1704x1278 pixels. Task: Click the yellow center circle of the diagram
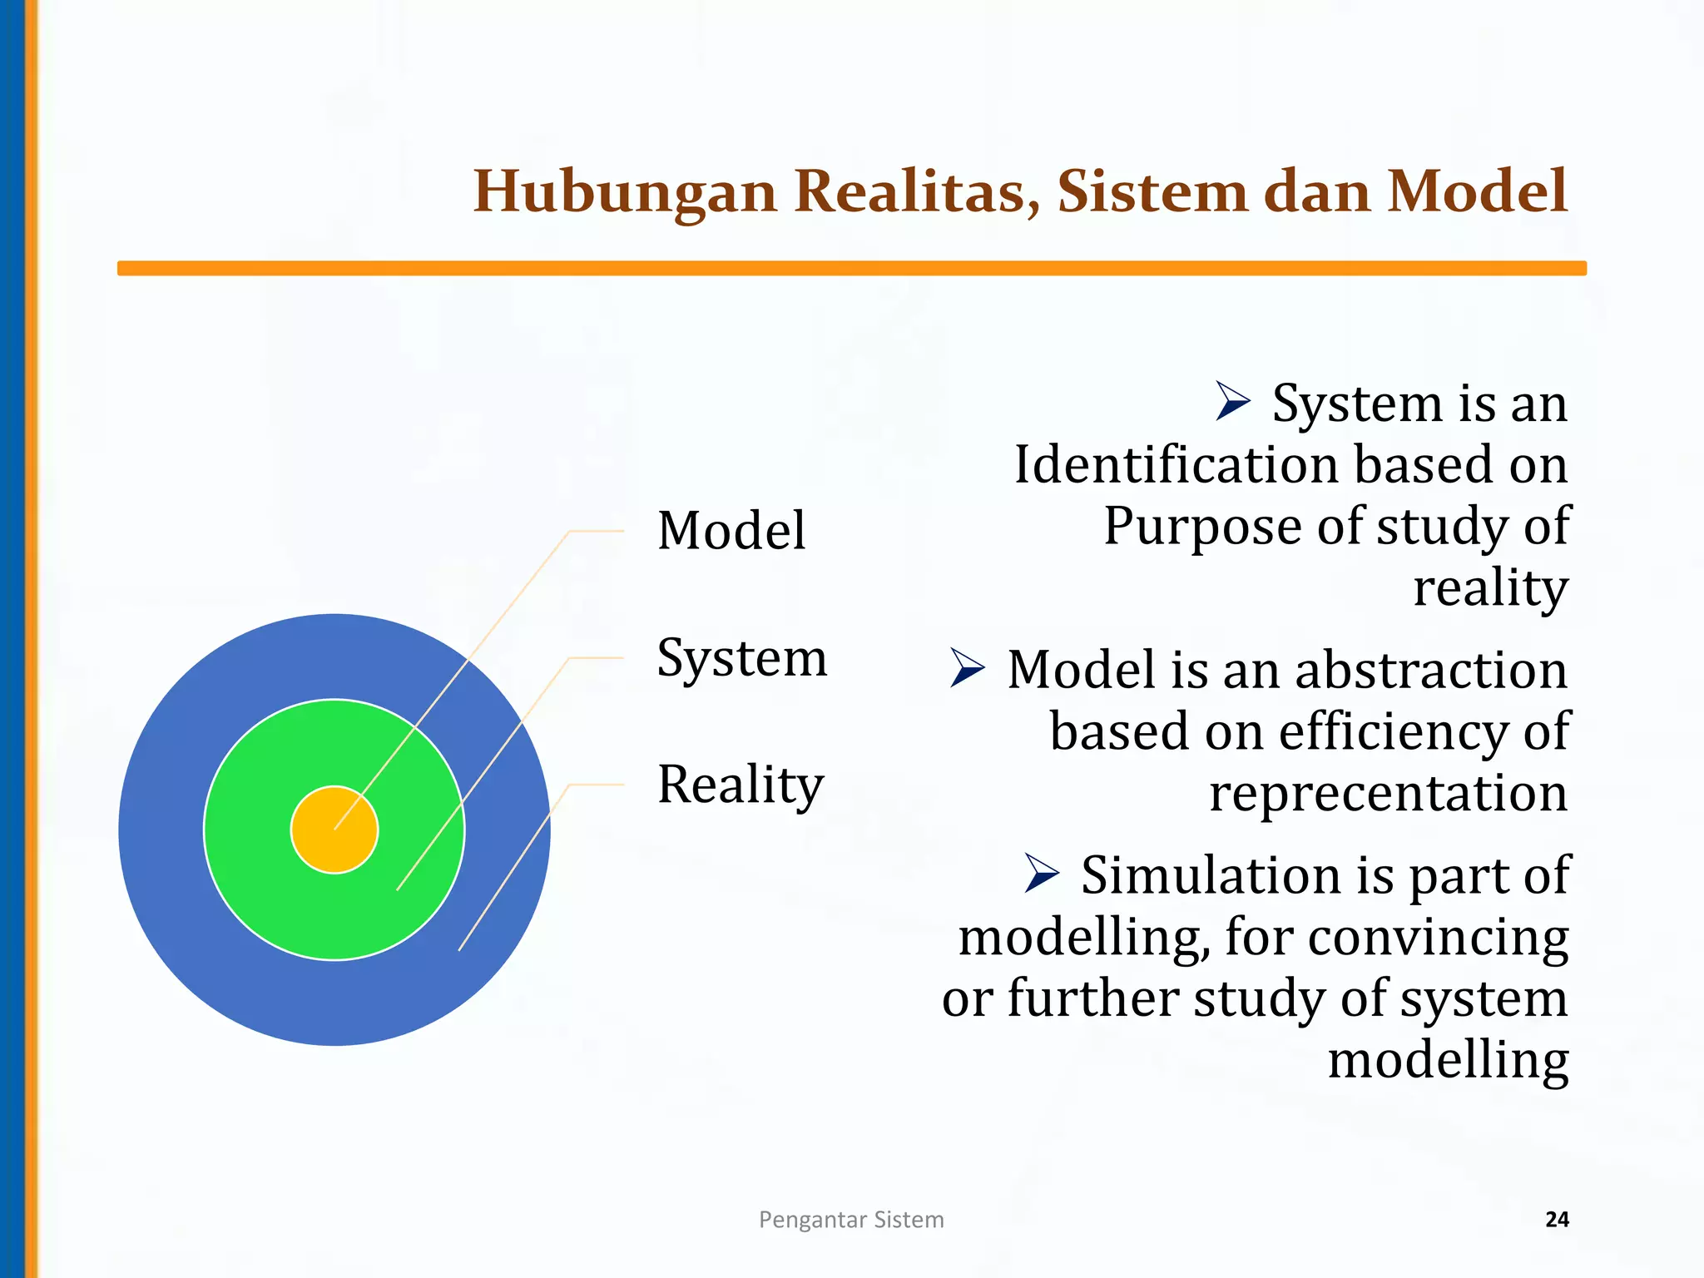334,830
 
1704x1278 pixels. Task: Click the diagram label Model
731,530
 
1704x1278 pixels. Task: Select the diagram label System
742,657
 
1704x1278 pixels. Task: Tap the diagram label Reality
741,785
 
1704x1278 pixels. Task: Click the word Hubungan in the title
625,191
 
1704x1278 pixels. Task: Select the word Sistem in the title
1152,191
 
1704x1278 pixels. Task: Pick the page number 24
1557,1220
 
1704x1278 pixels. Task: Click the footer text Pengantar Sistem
851,1220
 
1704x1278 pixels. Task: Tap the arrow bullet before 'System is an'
1232,401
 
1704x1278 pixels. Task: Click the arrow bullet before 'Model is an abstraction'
967,668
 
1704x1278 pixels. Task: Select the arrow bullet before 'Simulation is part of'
1041,873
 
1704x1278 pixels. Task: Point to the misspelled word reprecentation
1388,793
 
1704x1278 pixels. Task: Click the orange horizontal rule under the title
852,268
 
